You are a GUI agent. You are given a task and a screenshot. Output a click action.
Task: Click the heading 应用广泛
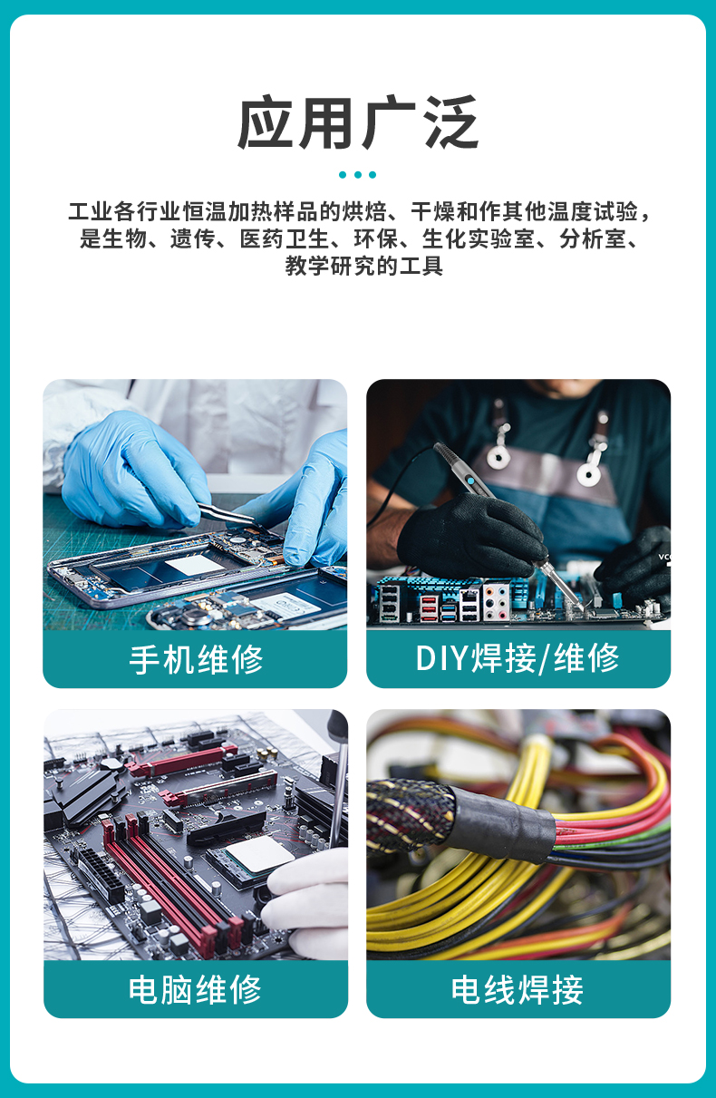(358, 123)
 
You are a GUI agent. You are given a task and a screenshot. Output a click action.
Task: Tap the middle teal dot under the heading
(358, 174)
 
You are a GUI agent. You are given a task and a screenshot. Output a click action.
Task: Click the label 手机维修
(196, 659)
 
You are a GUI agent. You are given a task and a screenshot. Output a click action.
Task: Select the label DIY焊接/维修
(518, 659)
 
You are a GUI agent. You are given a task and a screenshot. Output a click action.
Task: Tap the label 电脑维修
(196, 989)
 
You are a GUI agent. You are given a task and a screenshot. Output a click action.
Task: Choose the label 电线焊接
(518, 989)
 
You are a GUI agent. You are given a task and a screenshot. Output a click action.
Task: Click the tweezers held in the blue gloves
(227, 514)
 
